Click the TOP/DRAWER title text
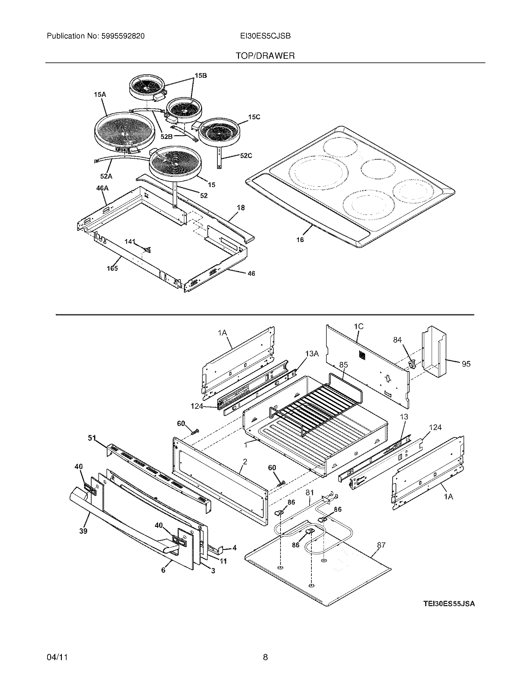(265, 56)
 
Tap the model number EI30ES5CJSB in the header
(265, 36)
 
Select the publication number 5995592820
(123, 36)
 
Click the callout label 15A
(100, 94)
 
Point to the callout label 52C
(246, 156)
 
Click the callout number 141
(130, 242)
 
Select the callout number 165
(112, 268)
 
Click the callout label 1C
(358, 327)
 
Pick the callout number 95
(466, 364)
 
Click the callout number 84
(398, 340)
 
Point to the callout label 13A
(312, 354)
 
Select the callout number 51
(92, 437)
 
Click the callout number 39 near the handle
(83, 531)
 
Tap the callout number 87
(381, 545)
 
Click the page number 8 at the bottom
(265, 657)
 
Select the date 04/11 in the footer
(57, 657)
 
